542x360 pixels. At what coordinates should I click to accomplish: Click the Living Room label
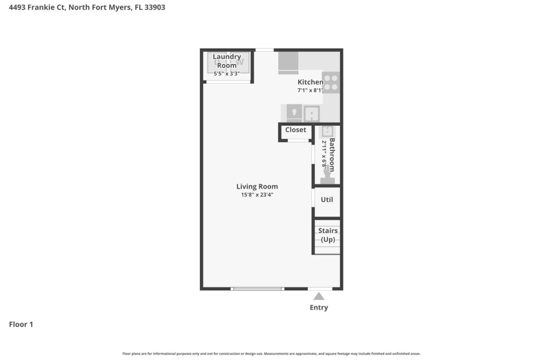click(x=257, y=186)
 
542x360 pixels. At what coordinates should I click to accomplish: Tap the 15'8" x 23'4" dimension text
click(x=257, y=195)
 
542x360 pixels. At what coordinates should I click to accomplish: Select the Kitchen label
click(x=310, y=82)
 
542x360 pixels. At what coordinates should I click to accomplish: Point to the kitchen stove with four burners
click(x=331, y=82)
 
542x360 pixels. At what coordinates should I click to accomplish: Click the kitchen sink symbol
click(x=312, y=114)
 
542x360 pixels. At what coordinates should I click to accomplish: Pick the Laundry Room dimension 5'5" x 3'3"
click(x=227, y=73)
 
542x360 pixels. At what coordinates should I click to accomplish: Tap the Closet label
click(x=296, y=130)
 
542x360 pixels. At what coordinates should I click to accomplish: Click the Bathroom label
click(x=332, y=155)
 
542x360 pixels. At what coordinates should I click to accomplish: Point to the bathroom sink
click(x=327, y=132)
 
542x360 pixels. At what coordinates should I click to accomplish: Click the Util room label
click(x=327, y=199)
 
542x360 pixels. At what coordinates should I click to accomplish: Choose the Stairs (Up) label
click(x=328, y=235)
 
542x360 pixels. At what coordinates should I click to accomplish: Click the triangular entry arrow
click(x=319, y=296)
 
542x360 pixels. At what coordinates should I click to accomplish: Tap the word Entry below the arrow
click(x=319, y=307)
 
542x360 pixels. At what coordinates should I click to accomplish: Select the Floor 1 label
click(x=21, y=324)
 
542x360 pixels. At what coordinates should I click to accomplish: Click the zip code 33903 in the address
click(x=155, y=7)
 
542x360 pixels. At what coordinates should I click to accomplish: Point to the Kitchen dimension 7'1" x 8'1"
click(x=310, y=90)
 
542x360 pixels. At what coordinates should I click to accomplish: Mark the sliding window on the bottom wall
click(x=257, y=289)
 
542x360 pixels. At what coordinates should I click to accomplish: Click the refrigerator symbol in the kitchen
click(x=288, y=62)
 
